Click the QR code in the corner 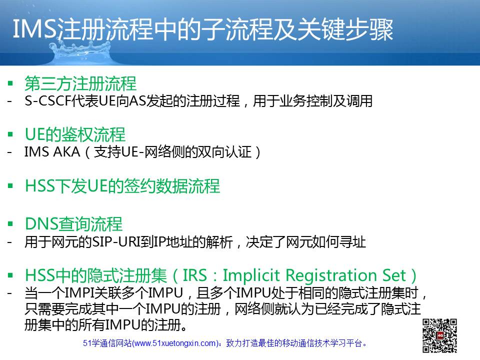(x=439, y=335)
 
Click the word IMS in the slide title (x=35, y=29)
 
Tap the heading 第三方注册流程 (x=80, y=83)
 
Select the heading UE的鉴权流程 (x=75, y=134)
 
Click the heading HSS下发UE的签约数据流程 (x=122, y=186)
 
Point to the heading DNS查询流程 (x=74, y=224)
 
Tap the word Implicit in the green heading (x=251, y=275)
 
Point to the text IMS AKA (x=52, y=152)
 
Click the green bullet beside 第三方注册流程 (x=10, y=83)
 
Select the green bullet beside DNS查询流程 (x=10, y=224)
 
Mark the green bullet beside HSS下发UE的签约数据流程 (x=10, y=185)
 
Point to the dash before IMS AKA (x=10, y=152)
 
